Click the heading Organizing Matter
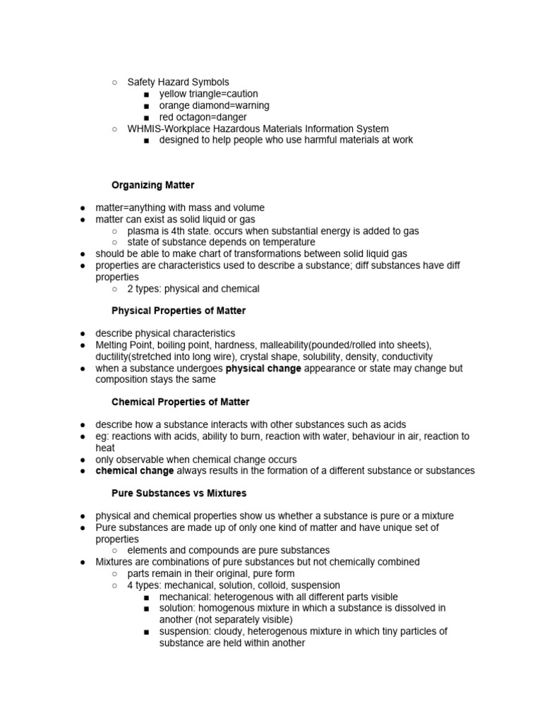point(153,185)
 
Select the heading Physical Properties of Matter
point(179,311)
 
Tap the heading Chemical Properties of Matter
point(181,402)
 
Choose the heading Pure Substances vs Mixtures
point(179,493)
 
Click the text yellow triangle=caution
point(208,94)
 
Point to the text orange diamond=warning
point(214,105)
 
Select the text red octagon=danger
point(203,117)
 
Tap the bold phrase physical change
point(263,369)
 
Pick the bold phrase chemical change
point(135,471)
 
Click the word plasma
point(143,231)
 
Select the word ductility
point(112,357)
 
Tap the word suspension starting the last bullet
point(185,632)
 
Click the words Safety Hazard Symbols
point(178,83)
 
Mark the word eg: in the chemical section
point(104,436)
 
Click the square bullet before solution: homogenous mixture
point(146,609)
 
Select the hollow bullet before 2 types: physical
point(114,289)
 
